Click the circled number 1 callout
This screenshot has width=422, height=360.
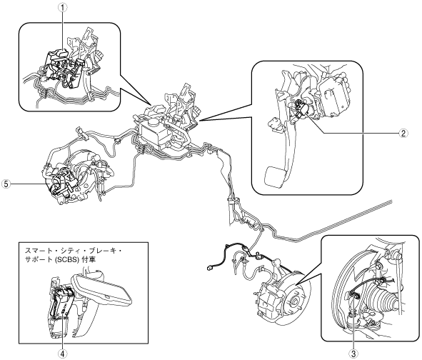[63, 8]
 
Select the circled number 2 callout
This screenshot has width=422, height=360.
[403, 133]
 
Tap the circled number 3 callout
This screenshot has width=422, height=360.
[353, 352]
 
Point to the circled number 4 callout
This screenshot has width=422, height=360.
[63, 354]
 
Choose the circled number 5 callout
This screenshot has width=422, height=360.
[6, 184]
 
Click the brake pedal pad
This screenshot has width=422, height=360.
[274, 176]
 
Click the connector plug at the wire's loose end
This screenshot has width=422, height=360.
[209, 268]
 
